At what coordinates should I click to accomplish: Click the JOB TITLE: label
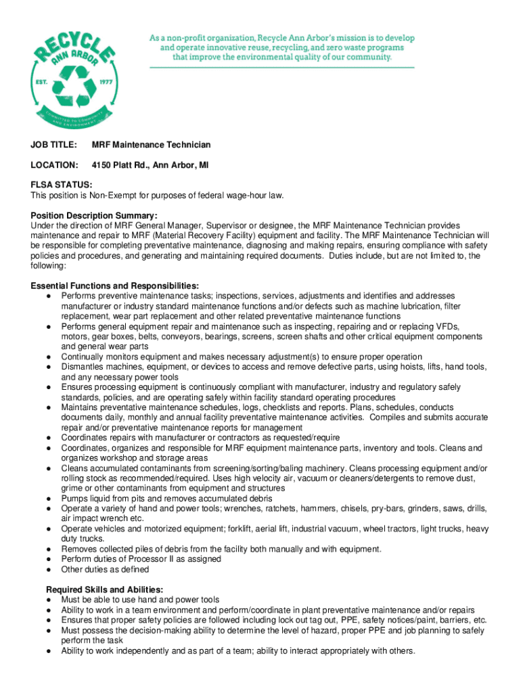coord(53,145)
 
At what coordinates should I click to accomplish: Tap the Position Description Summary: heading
coord(93,216)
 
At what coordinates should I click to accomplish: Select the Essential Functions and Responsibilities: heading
coord(114,286)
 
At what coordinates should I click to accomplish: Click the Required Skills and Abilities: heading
coord(104,589)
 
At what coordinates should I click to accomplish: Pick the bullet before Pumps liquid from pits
coord(50,499)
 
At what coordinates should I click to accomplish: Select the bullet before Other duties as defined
coord(50,570)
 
